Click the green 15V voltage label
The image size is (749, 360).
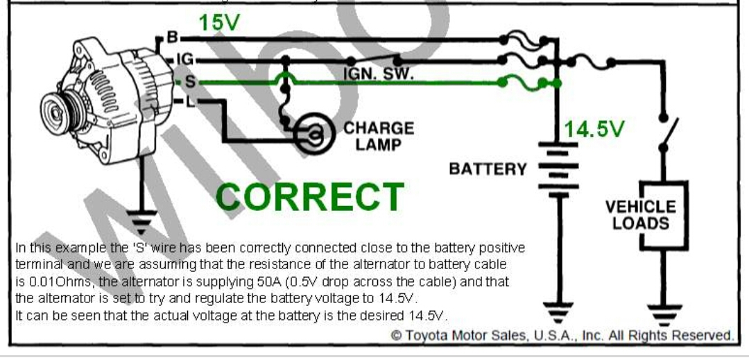click(219, 23)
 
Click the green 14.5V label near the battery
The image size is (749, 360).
click(595, 129)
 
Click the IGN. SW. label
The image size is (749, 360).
click(378, 74)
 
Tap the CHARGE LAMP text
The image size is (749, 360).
click(379, 136)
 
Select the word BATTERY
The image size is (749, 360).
click(488, 169)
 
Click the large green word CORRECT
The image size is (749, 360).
click(310, 197)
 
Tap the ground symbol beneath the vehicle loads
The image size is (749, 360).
click(664, 311)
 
